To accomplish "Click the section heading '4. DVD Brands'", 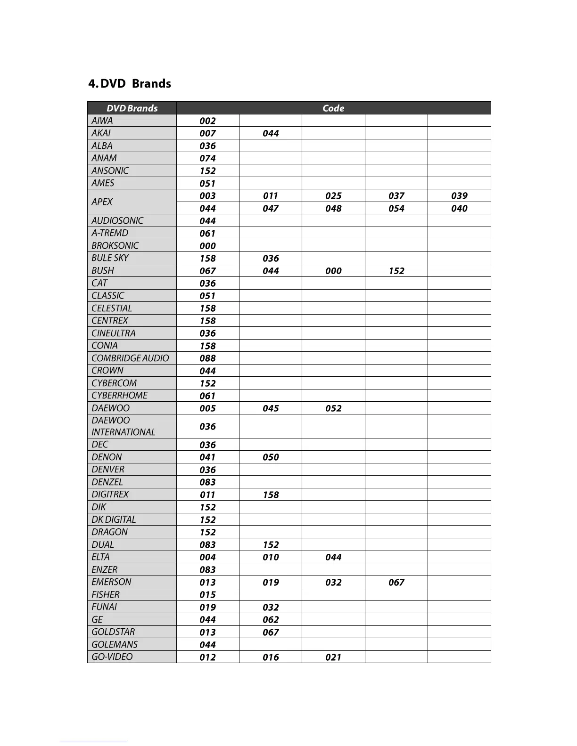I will (130, 84).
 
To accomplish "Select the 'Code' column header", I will (333, 108).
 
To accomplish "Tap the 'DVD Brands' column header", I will (132, 108).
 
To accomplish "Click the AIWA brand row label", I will (102, 121).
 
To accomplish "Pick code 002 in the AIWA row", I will (207, 121).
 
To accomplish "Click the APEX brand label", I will (102, 202).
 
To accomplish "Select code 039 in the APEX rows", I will (459, 196).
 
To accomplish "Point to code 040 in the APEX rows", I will (459, 209).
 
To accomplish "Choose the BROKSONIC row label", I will (115, 246).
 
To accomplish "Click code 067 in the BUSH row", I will (207, 271).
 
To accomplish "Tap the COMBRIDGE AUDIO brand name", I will (130, 358).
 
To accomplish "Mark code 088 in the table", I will (207, 358).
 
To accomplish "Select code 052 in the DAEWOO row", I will (333, 408).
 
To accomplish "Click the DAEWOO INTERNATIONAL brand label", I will (123, 426).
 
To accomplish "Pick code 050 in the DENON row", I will (271, 457).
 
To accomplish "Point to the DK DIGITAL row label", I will (114, 519).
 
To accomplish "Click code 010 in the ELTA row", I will (271, 557).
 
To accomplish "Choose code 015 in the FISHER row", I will (207, 595).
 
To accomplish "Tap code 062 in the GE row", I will (271, 620).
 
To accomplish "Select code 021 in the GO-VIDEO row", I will (333, 657).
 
